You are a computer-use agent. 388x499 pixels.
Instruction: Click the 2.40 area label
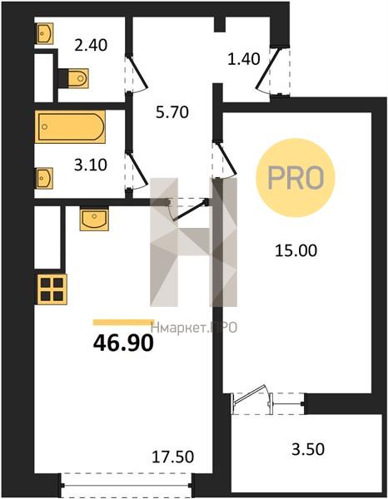click(x=91, y=45)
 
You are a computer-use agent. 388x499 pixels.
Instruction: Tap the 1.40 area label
click(x=244, y=59)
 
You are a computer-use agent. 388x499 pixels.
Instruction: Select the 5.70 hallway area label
click(x=172, y=112)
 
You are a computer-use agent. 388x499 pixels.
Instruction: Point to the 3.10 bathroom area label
click(x=91, y=166)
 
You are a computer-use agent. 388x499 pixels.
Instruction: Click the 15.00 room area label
click(x=296, y=250)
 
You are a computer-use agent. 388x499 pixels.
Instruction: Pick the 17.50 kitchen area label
click(x=172, y=457)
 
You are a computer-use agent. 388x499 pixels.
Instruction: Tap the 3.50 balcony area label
click(x=308, y=449)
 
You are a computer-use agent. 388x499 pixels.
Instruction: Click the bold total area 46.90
click(x=123, y=343)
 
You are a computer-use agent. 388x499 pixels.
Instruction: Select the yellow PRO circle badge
click(x=296, y=178)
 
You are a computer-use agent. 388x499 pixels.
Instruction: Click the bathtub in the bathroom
click(x=70, y=126)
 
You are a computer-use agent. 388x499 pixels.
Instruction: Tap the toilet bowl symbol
click(x=74, y=78)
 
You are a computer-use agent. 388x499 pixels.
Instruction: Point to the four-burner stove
click(x=52, y=289)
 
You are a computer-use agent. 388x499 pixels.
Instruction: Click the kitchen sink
click(x=94, y=219)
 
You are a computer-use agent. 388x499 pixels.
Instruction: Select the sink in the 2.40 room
click(x=44, y=33)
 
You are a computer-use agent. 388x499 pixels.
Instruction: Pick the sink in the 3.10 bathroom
click(x=44, y=178)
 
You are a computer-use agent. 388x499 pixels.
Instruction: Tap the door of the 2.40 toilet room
click(x=137, y=73)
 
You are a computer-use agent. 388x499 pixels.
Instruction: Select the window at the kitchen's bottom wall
click(x=127, y=486)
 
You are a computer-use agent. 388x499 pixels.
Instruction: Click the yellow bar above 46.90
click(x=123, y=323)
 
